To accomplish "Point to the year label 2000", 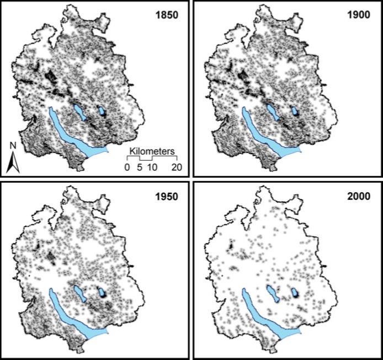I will coord(358,195).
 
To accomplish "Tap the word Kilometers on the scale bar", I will coord(152,151).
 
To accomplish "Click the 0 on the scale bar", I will coord(127,167).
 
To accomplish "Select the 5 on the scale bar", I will coord(140,167).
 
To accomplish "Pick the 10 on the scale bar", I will coord(153,167).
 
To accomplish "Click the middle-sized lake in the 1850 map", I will coord(79,112).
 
